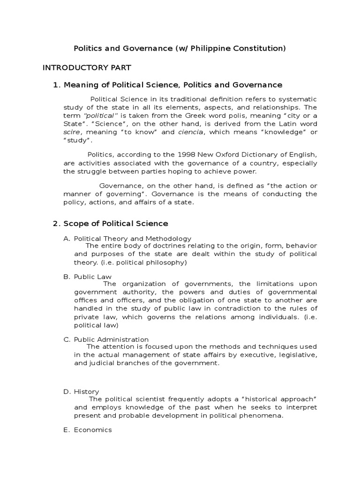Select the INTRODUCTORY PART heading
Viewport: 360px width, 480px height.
87,67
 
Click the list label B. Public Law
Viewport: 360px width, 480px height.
88,277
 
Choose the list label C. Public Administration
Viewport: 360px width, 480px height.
106,339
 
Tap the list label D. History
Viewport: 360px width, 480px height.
81,391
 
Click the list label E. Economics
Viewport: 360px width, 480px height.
88,429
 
